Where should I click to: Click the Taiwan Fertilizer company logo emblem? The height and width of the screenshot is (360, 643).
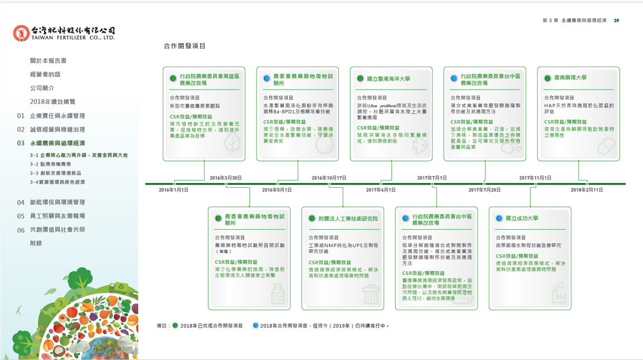21,33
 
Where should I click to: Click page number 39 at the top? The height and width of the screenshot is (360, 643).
616,21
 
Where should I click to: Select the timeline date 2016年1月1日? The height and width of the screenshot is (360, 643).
173,190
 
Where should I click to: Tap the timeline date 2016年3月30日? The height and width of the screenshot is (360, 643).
225,178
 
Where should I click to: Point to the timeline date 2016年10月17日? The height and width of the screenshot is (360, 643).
329,178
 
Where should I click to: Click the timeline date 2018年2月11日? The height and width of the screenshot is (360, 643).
587,190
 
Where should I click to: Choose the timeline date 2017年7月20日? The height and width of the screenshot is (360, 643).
484,190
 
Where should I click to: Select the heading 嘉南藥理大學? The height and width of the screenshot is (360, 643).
570,78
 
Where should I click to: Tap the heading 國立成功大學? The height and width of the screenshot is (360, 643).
522,219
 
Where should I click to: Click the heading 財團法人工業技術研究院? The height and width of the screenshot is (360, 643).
348,219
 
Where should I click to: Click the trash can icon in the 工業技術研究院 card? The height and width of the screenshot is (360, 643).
371,294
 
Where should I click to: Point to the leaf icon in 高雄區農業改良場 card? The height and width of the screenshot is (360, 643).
232,144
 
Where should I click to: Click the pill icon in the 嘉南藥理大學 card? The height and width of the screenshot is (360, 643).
606,146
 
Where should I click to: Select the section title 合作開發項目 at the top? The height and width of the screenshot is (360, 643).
185,46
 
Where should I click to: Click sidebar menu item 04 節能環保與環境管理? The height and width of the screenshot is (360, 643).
58,202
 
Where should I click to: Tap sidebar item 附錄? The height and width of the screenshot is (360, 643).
36,243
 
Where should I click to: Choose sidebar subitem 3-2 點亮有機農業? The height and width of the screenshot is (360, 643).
50,164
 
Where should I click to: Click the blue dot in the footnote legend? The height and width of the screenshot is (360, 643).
256,325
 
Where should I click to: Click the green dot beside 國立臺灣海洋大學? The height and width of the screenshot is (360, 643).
361,79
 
